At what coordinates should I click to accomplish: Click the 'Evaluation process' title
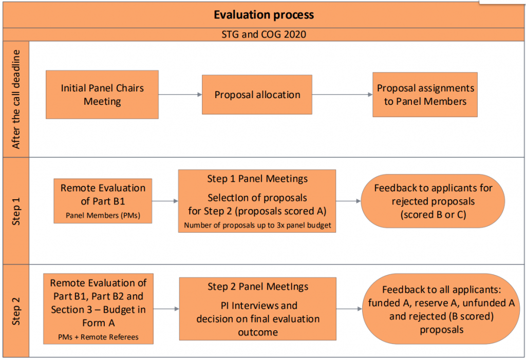[x=264, y=15]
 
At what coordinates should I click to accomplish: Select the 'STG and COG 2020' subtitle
[x=264, y=34]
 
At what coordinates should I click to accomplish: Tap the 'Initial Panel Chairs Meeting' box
[x=102, y=94]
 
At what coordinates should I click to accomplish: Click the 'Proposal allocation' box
[x=257, y=94]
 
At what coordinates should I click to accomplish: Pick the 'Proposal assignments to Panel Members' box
[x=425, y=94]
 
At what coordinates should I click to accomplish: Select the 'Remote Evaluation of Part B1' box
[x=103, y=201]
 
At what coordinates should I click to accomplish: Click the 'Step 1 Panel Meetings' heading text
[x=257, y=179]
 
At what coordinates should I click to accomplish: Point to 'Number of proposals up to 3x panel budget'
[x=257, y=225]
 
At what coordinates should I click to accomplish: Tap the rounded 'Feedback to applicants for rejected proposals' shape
[x=433, y=201]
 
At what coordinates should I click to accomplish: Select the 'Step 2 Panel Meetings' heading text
[x=258, y=287]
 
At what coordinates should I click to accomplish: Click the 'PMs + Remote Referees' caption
[x=98, y=337]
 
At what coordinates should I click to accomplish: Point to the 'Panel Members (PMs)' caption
[x=103, y=215]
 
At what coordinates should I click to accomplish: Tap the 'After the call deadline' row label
[x=16, y=99]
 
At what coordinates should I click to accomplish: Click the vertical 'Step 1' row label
[x=16, y=212]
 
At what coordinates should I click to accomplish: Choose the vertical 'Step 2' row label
[x=16, y=311]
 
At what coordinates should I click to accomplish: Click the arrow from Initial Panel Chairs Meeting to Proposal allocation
[x=180, y=94]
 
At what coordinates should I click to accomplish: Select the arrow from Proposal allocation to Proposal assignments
[x=343, y=94]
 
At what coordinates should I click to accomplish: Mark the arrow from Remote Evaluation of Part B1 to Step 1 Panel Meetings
[x=165, y=201]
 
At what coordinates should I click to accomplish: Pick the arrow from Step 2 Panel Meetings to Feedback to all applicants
[x=349, y=309]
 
